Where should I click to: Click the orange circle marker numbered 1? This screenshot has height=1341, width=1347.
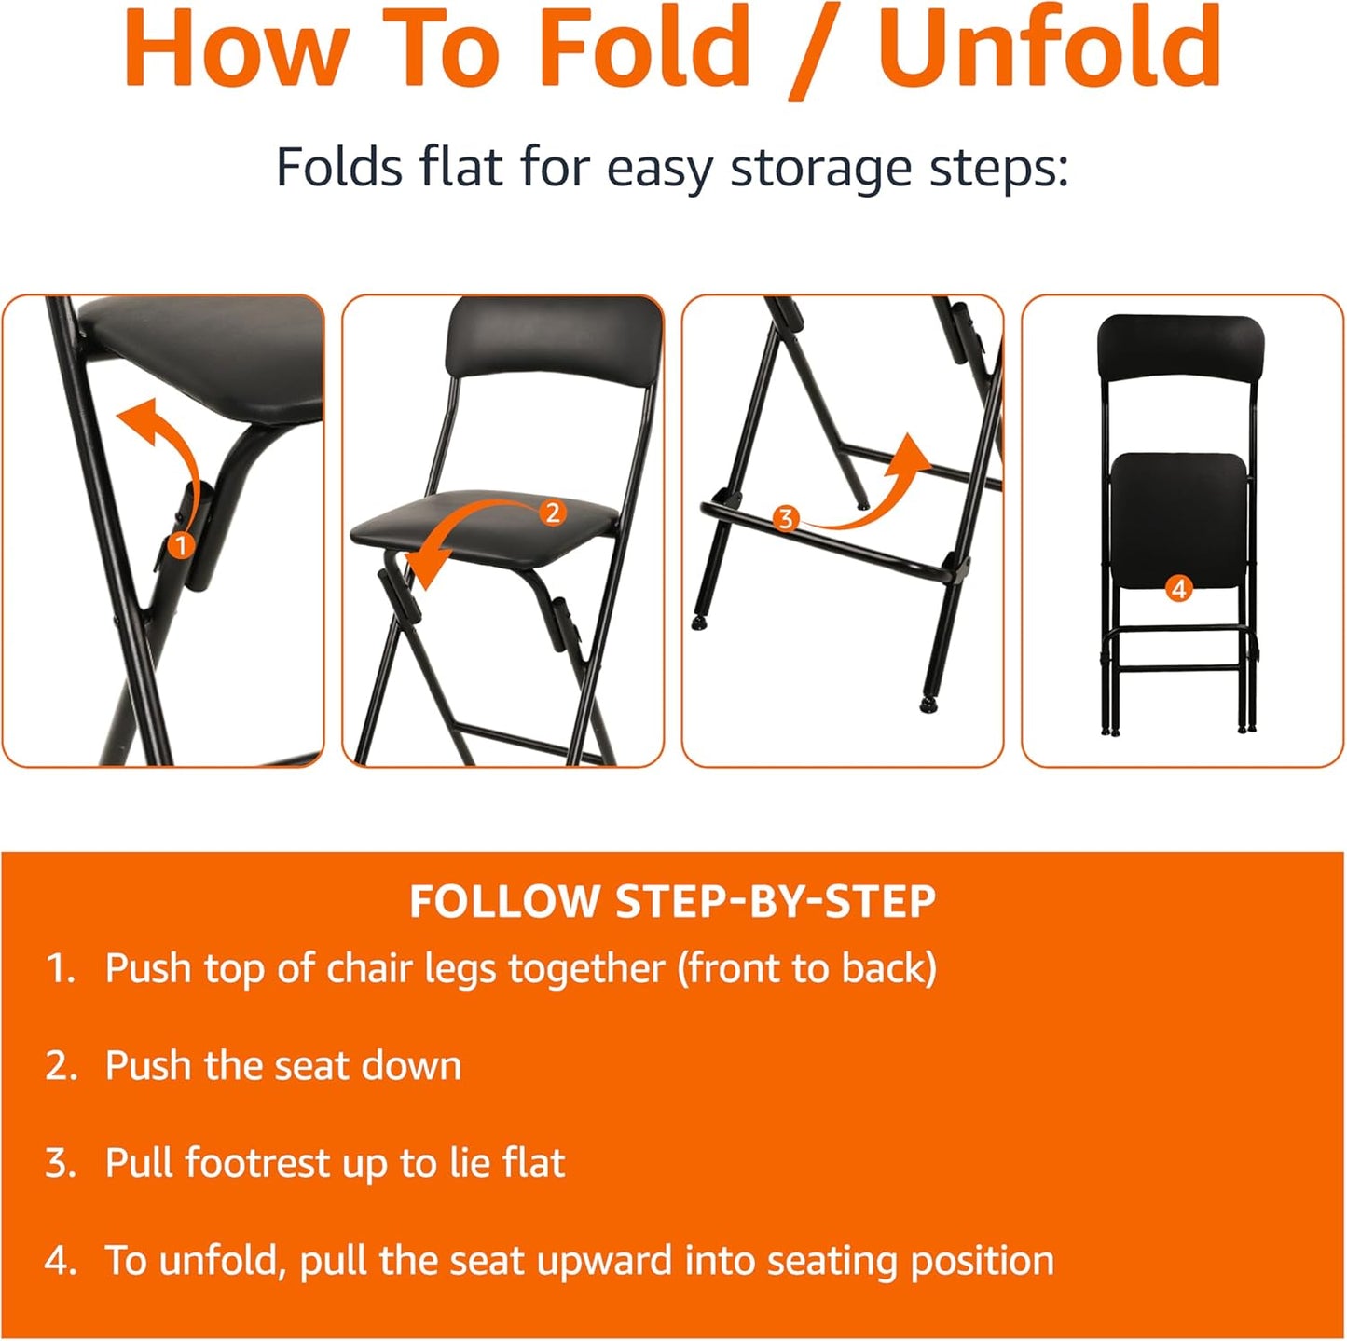[180, 544]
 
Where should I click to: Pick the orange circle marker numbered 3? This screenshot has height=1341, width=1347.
[785, 518]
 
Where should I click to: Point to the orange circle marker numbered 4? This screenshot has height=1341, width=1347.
[1178, 589]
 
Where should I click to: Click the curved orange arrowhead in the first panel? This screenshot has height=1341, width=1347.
[135, 417]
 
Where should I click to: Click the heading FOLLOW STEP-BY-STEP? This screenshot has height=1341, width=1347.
[672, 901]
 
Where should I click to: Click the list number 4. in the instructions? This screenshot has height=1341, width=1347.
[62, 1261]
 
